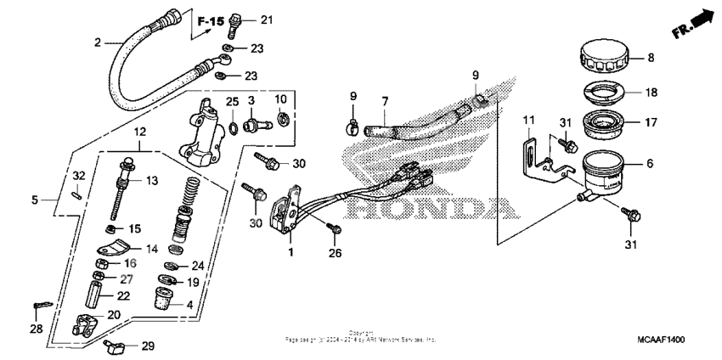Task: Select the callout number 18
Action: [x=651, y=93]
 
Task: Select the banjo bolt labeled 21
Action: [x=238, y=21]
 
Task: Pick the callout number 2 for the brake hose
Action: [x=98, y=42]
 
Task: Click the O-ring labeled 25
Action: [x=230, y=128]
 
